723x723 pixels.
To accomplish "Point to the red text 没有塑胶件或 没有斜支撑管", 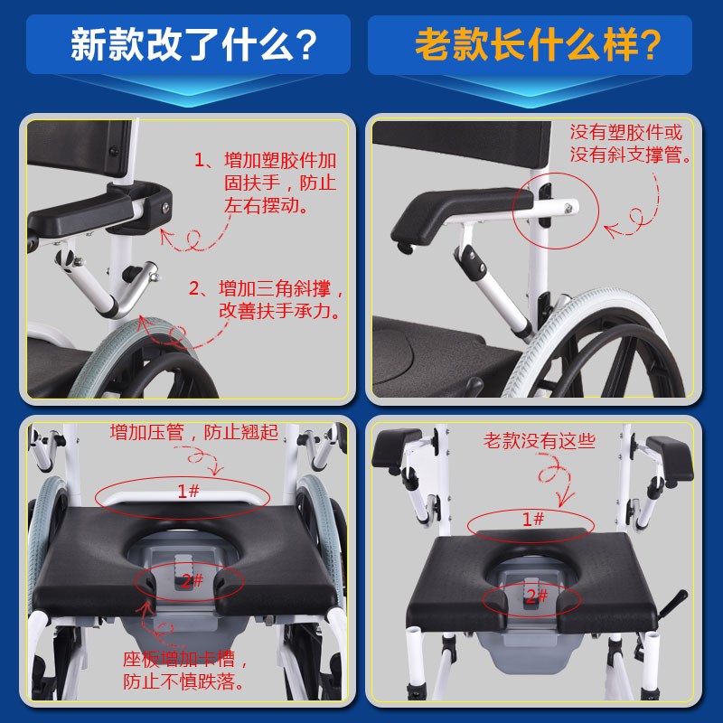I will click(630, 143).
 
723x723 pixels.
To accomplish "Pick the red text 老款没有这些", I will click(540, 442).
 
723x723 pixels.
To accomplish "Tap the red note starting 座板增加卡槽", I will click(186, 669).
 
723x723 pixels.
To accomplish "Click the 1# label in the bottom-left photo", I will click(188, 491).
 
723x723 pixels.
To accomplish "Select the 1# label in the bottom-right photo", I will click(533, 519).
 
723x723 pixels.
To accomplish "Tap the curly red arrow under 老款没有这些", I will click(553, 479).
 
